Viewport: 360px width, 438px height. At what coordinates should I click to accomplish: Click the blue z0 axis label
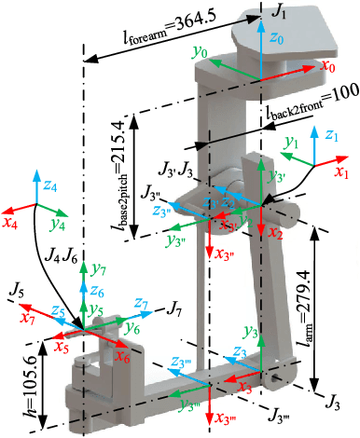[270, 40]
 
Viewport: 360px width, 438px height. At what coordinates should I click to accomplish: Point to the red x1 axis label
[340, 172]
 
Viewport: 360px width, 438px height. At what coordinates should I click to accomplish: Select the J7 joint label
[175, 307]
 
